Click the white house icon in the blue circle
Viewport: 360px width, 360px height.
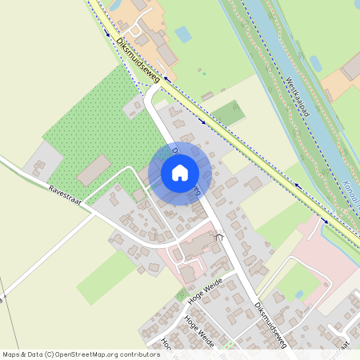coord(180,172)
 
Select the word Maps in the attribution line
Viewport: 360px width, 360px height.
coord(12,354)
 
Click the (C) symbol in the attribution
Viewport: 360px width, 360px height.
coord(50,354)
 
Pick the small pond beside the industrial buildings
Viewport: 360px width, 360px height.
coord(182,34)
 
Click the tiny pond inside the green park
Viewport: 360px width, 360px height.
coord(299,294)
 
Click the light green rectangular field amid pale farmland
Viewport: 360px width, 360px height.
coord(106,277)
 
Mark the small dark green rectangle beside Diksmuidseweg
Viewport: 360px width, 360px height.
coord(230,114)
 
